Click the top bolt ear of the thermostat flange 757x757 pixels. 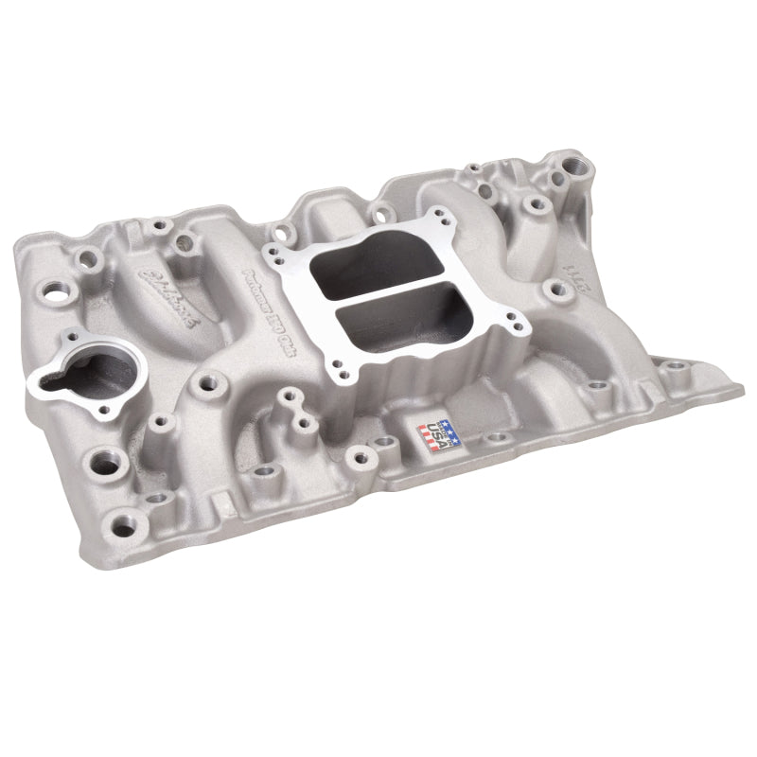point(69,336)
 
